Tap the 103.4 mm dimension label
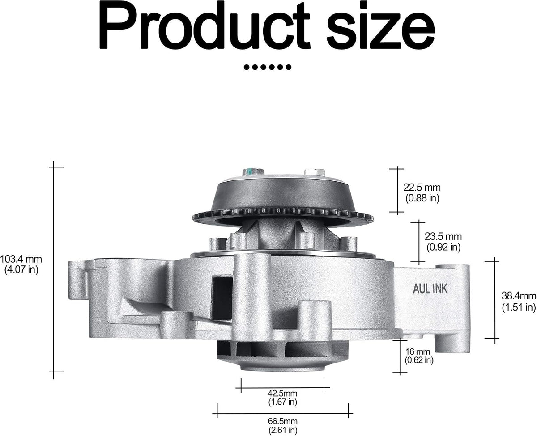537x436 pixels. point(21,259)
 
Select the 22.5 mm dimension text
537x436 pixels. point(422,188)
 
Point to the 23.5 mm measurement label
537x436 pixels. point(443,236)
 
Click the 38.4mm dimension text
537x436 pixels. point(519,296)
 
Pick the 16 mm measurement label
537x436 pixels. point(418,351)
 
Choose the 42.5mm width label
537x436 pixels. point(282,393)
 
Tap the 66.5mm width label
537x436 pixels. point(283,421)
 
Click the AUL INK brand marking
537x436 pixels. point(430,289)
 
